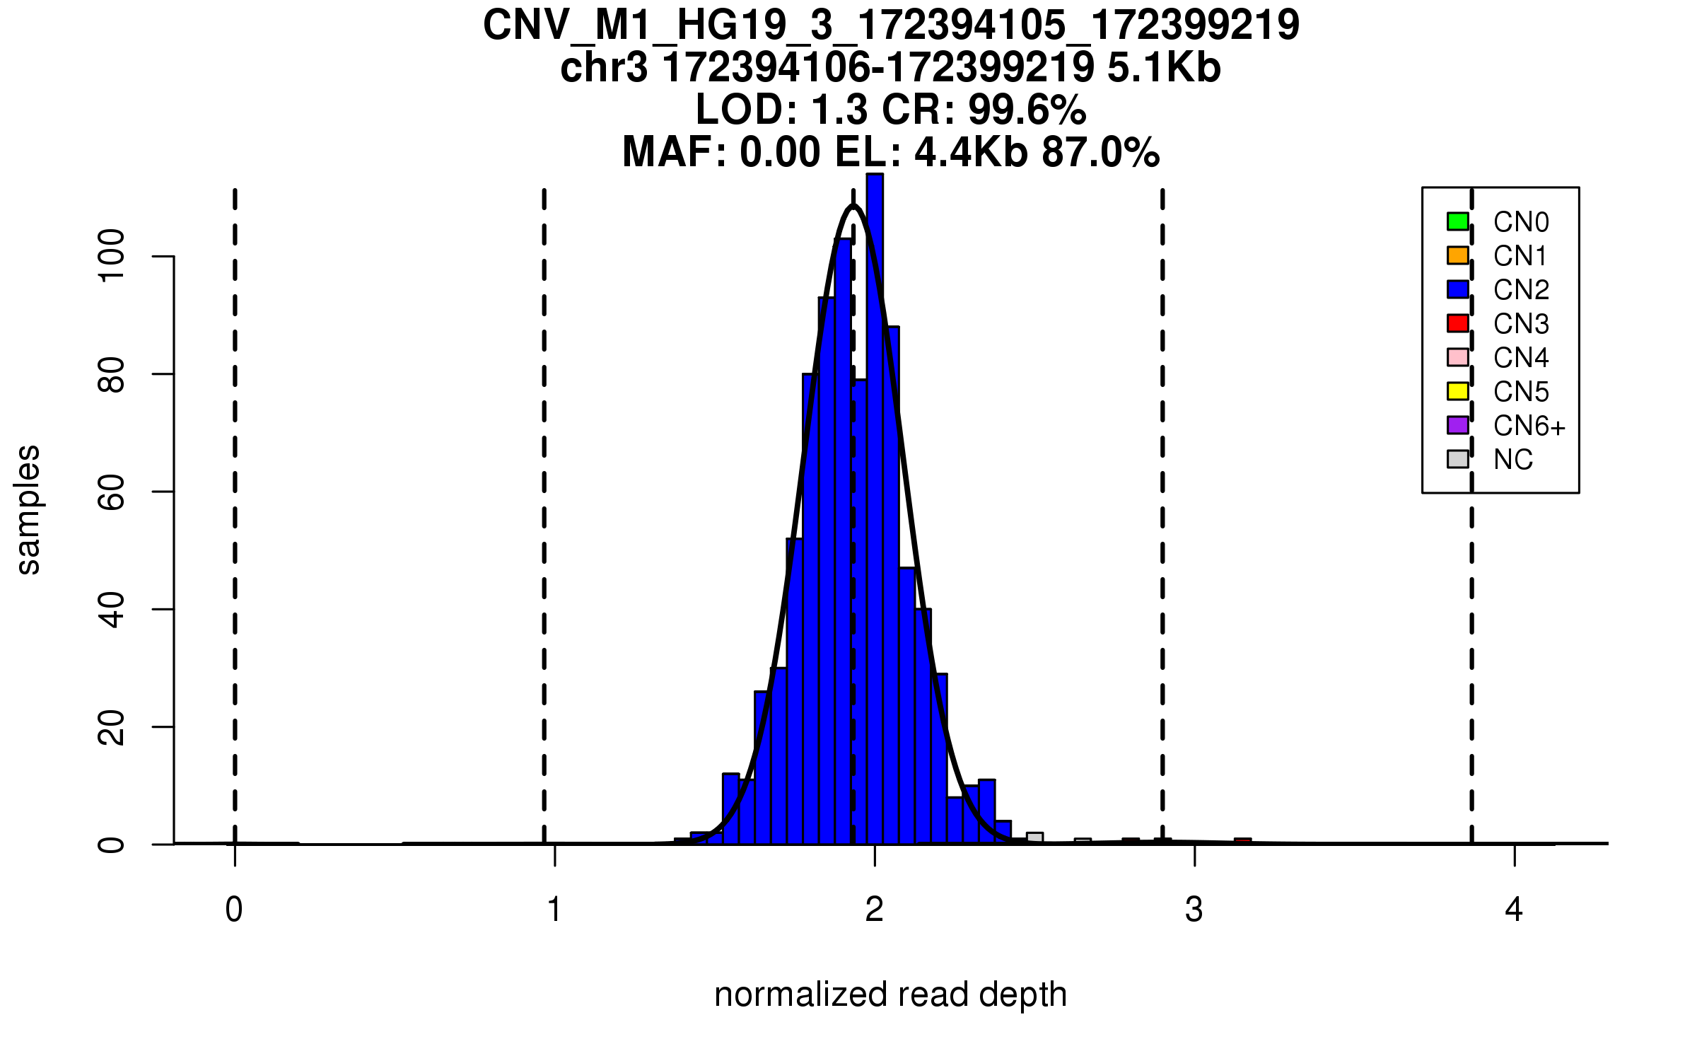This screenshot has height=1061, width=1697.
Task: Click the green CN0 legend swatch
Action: [1458, 221]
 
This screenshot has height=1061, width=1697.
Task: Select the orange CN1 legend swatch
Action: [1458, 255]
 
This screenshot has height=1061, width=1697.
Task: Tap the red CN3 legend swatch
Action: [1458, 323]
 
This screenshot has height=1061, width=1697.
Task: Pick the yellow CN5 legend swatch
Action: [1458, 391]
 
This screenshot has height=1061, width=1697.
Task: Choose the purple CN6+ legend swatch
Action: [1458, 425]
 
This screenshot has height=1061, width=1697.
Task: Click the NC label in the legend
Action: [1513, 460]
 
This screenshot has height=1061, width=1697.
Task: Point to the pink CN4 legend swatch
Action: [1458, 357]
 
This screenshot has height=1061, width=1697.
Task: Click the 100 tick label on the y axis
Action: [112, 256]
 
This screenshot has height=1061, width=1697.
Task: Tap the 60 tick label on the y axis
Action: [112, 492]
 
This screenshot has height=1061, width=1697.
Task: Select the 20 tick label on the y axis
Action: [112, 727]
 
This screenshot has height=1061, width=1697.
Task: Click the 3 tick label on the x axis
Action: [1194, 910]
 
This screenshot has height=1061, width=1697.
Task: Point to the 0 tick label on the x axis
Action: [234, 910]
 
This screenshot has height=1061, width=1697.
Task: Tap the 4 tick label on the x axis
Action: [1514, 910]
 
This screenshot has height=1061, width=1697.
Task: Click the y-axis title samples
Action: [28, 510]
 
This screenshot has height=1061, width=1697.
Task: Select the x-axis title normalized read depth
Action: [890, 995]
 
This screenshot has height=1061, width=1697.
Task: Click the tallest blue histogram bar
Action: [875, 495]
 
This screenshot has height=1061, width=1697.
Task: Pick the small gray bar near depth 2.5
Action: [1034, 838]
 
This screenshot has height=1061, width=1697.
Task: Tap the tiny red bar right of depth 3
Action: [1242, 841]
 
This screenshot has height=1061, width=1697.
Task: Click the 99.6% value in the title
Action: [1027, 110]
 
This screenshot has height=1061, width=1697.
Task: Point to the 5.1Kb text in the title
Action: [1164, 68]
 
